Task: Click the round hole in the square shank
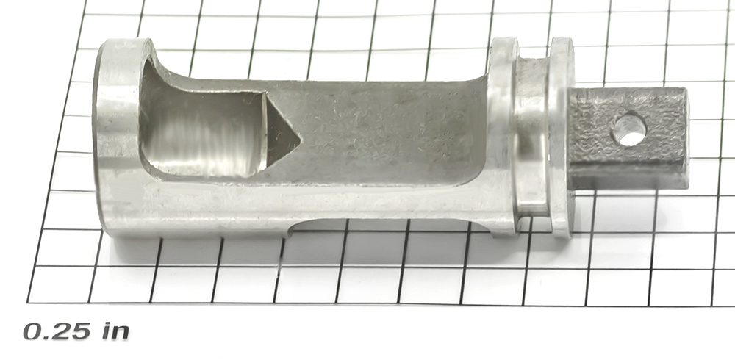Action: (630, 130)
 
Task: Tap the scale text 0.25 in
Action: (76, 331)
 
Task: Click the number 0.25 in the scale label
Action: (57, 331)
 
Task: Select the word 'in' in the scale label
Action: (116, 331)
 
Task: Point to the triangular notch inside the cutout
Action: (282, 131)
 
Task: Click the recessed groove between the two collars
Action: (532, 136)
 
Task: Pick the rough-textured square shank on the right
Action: (628, 137)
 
